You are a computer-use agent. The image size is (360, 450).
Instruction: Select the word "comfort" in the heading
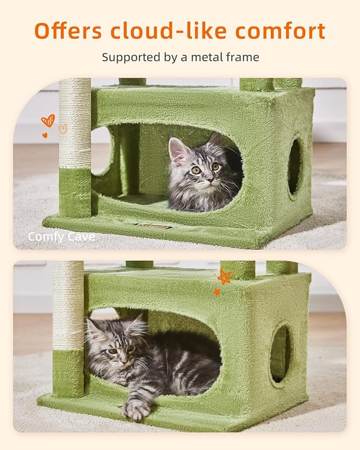280,31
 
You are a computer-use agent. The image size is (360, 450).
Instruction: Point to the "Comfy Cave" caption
62,237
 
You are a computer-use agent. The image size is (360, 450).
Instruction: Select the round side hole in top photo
294,165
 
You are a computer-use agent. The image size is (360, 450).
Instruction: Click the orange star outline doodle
224,277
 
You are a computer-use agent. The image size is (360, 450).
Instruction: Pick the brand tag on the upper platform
153,226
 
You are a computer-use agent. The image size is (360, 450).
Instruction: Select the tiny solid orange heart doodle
45,135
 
